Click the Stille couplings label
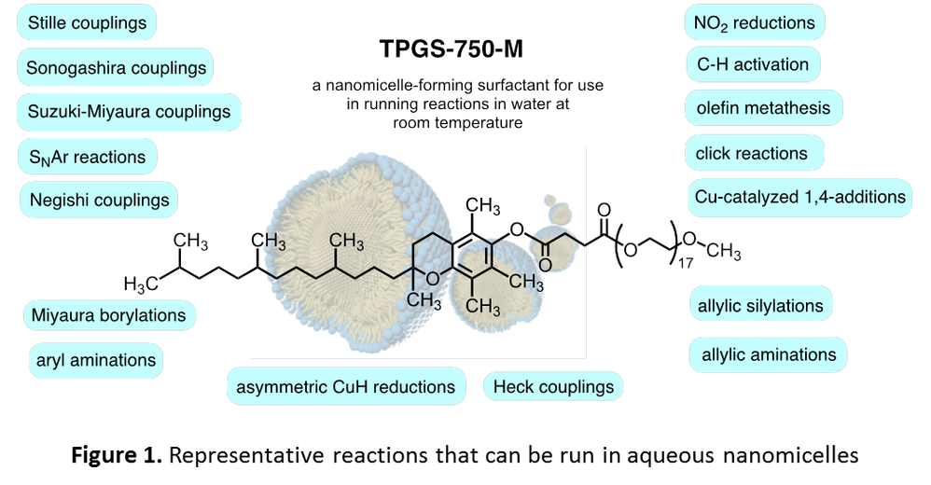tap(87, 22)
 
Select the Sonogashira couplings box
tap(116, 68)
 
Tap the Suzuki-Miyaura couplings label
tap(128, 112)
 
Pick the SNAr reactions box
tap(87, 157)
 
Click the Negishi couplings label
tap(99, 200)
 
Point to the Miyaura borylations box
tap(108, 315)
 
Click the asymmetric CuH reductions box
tap(346, 386)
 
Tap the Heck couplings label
tap(553, 386)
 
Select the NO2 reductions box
tap(754, 22)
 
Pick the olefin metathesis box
tap(762, 108)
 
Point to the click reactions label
tap(751, 153)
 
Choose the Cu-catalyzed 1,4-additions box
tap(799, 197)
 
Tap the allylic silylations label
tap(759, 305)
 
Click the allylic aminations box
tap(767, 354)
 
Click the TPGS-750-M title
tap(458, 48)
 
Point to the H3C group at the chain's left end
tap(140, 282)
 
